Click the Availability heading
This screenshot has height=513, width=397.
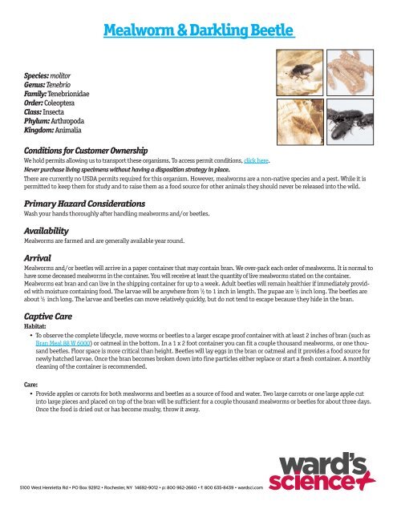click(x=49, y=228)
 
